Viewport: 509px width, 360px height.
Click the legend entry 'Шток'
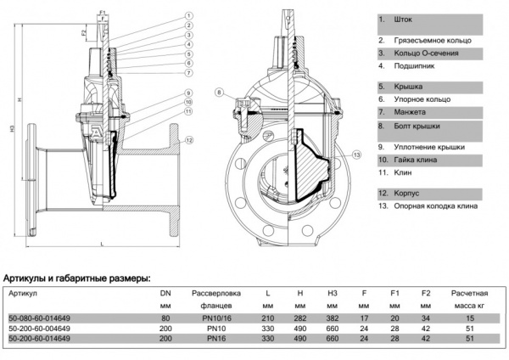point(404,19)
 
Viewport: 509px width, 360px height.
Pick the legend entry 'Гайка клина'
point(417,159)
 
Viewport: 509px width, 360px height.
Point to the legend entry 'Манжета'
point(411,112)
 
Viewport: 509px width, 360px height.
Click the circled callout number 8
point(218,92)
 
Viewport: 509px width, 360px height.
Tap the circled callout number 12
point(189,138)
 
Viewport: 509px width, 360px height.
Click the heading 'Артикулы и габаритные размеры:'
point(78,278)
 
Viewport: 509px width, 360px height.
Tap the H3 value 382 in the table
point(332,318)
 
